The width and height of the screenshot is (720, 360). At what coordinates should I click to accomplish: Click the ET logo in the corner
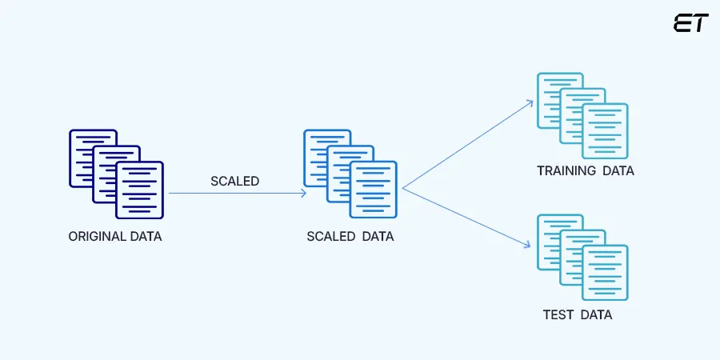pos(690,22)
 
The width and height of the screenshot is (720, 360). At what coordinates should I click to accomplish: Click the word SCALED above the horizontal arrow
pos(234,181)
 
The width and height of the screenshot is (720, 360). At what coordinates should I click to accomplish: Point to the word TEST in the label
pos(558,314)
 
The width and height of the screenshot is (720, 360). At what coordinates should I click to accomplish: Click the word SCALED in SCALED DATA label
pos(330,237)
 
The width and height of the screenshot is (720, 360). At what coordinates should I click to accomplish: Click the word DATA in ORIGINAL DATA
pos(146,236)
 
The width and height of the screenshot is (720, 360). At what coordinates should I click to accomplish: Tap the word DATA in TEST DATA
pos(596,314)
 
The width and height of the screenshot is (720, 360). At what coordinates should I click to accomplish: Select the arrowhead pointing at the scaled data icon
pos(303,193)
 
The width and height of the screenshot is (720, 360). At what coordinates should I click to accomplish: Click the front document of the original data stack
pos(140,190)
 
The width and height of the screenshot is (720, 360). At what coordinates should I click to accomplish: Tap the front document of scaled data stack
pos(374,190)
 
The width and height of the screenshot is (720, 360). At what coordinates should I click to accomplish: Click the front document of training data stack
pos(605,131)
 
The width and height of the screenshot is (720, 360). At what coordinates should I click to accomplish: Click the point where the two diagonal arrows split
pos(402,190)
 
